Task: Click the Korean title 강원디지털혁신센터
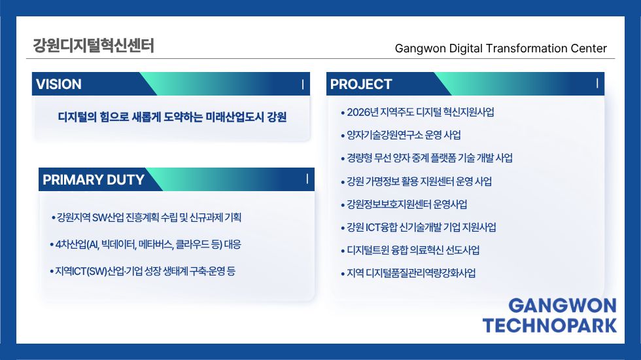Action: tap(93, 45)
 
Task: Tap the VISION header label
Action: tap(58, 84)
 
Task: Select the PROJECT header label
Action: tap(361, 84)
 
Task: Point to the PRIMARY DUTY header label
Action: tap(94, 179)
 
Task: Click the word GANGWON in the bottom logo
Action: tap(563, 306)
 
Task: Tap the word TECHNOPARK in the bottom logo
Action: tap(549, 326)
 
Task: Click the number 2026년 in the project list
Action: tap(362, 112)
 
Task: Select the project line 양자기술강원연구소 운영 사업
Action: tap(404, 135)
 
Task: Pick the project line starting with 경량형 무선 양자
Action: tap(430, 158)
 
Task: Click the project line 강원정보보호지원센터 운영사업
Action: tap(407, 204)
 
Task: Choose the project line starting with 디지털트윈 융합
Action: tap(413, 250)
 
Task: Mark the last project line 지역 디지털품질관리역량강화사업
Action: tap(411, 273)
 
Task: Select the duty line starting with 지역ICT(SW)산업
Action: tap(145, 271)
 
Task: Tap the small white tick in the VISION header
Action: tap(302, 84)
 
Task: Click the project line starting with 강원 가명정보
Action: tap(419, 181)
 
